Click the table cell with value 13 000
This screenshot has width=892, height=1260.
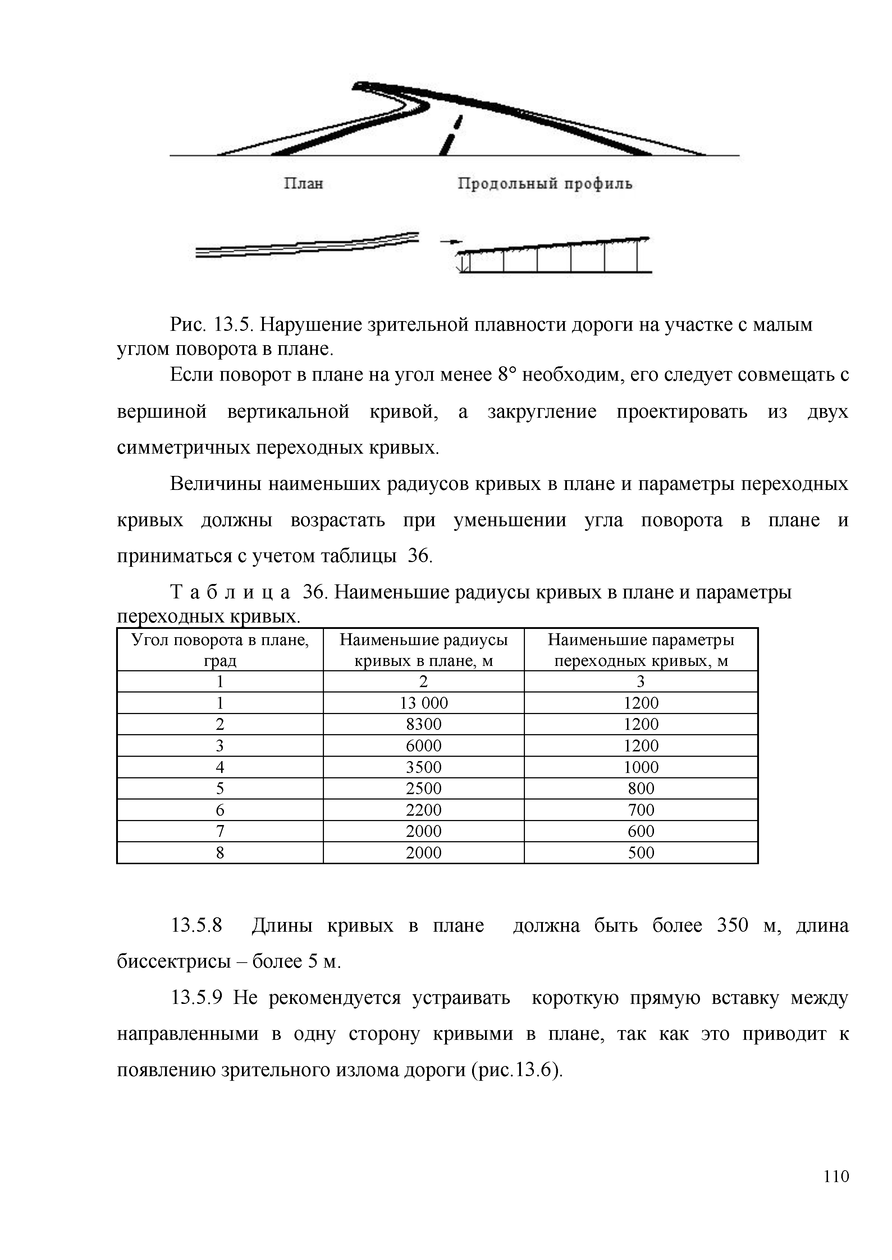coord(424,703)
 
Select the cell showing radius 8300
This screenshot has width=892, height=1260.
coord(424,724)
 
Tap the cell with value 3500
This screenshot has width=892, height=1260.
coord(424,767)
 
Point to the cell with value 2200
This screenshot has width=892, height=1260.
coord(424,810)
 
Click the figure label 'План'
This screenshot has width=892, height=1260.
coord(303,183)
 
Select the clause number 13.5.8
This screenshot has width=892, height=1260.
coord(197,926)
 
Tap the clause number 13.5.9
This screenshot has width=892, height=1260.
coord(197,998)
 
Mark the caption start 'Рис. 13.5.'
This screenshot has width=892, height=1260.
coord(211,325)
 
